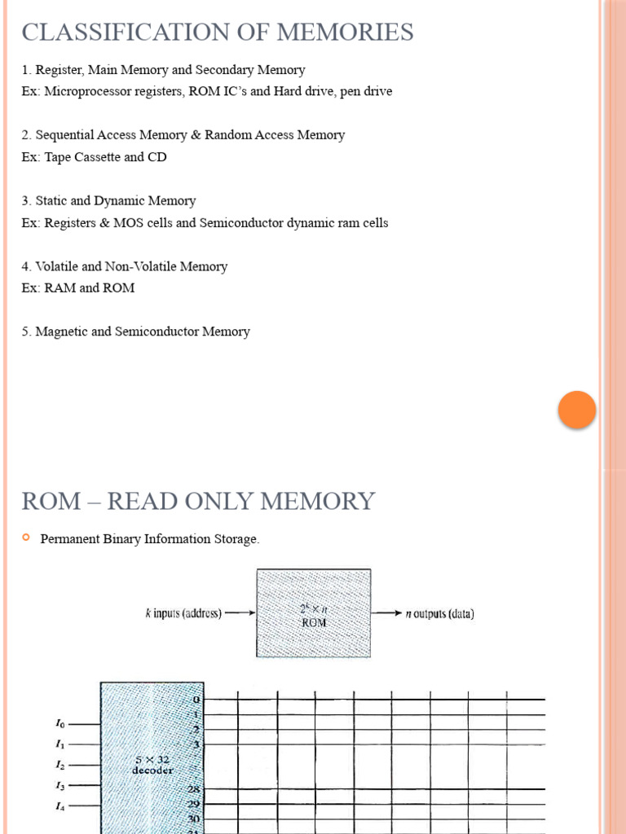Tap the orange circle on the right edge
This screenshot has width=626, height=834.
click(577, 410)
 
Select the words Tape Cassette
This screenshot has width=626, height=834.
click(82, 157)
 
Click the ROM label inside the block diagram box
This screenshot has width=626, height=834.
click(314, 622)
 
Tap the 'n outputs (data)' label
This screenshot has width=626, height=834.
click(439, 613)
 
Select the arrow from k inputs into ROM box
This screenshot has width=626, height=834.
click(240, 613)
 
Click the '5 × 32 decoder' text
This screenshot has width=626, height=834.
click(152, 765)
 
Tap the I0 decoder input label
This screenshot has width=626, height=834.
click(60, 722)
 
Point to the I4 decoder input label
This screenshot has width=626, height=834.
click(60, 807)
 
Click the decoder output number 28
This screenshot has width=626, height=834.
click(194, 789)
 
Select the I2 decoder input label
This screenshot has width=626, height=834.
click(60, 765)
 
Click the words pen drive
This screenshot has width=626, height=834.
click(364, 91)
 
